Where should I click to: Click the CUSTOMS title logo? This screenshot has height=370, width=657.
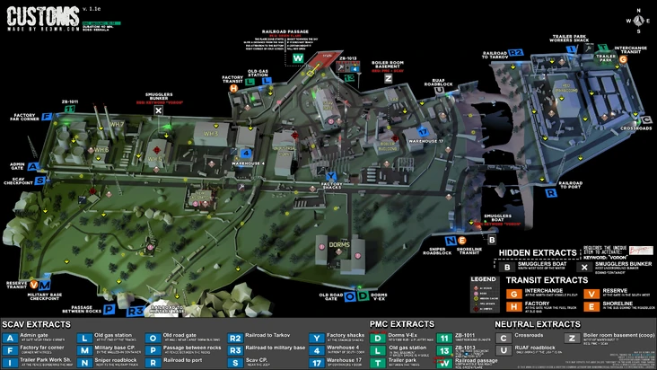(x=42, y=15)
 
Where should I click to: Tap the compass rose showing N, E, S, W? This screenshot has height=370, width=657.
(x=638, y=18)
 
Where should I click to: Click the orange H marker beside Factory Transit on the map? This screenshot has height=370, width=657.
(x=234, y=88)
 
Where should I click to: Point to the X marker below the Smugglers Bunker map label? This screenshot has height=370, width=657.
(x=158, y=110)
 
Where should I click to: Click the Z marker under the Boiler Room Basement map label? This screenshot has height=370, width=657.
(x=388, y=78)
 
